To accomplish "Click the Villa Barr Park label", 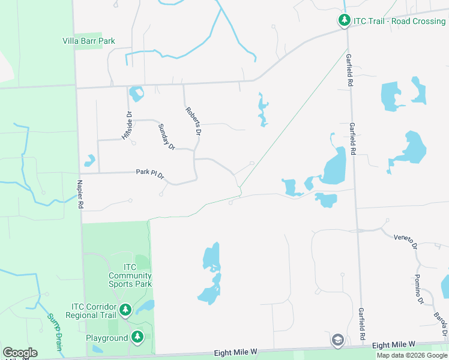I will tap(89, 41).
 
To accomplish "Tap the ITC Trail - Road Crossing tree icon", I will tap(344, 21).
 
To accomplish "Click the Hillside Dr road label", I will tap(127, 125).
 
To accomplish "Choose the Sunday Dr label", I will tap(166, 137).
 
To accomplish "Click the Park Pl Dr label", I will tap(150, 173).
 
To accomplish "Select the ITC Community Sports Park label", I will tap(130, 275).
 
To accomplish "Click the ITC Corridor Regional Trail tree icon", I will tap(125, 310).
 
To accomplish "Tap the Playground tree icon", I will tap(137, 337).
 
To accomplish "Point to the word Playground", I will tap(107, 338).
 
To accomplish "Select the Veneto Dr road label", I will tap(406, 238).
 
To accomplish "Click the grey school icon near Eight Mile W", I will tap(337, 340).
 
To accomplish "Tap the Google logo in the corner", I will tap(20, 353).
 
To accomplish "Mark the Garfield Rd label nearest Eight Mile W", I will tap(362, 324).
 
